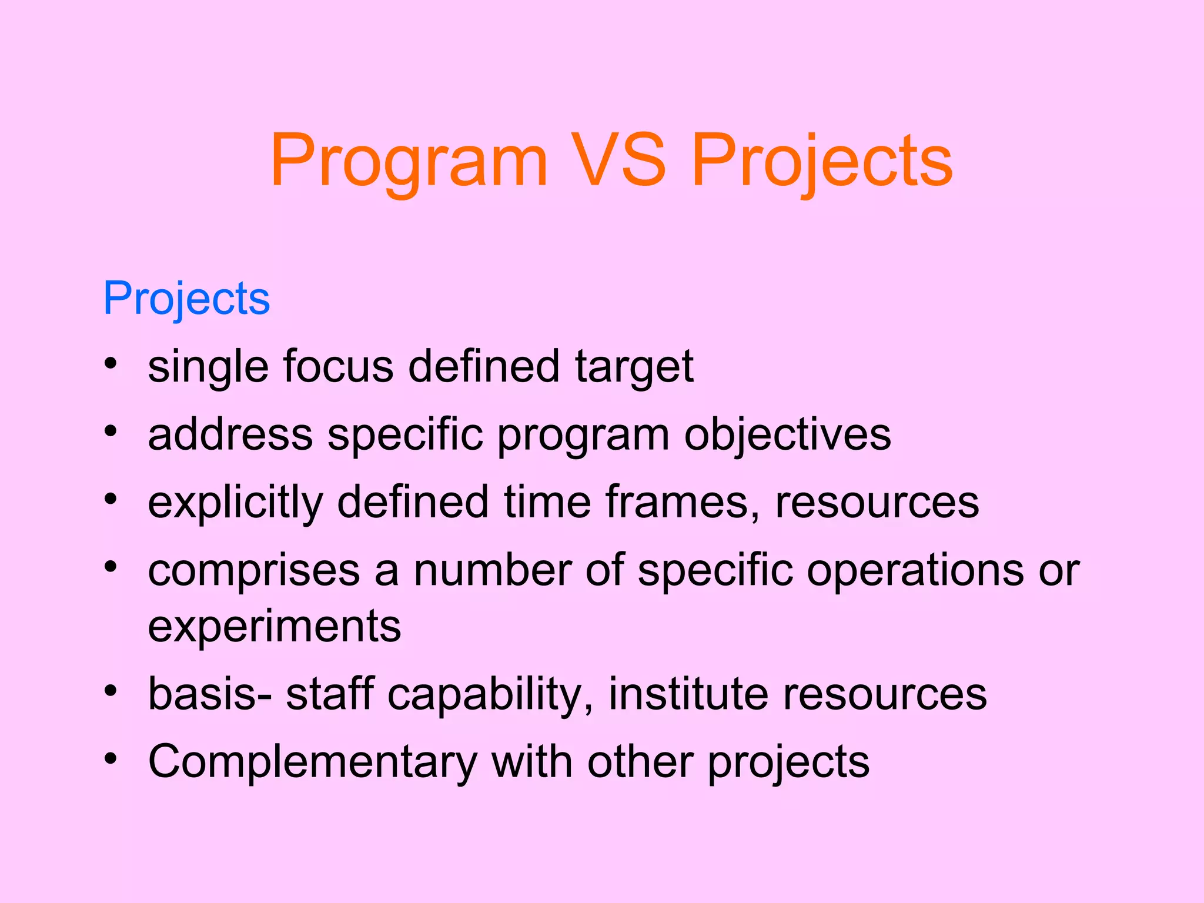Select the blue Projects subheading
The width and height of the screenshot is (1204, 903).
coord(186,299)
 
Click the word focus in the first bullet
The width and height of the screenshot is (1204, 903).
coord(338,367)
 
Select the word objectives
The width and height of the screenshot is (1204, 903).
coord(788,436)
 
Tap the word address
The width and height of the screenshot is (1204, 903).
coord(230,436)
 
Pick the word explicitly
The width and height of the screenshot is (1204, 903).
coord(235,504)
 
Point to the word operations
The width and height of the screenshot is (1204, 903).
coord(915,571)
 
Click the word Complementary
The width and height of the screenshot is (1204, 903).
coord(312,762)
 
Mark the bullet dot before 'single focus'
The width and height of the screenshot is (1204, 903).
coord(111,364)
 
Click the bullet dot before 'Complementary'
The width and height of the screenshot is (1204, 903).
coord(111,759)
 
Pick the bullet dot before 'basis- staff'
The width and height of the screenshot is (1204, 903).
coord(111,691)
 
